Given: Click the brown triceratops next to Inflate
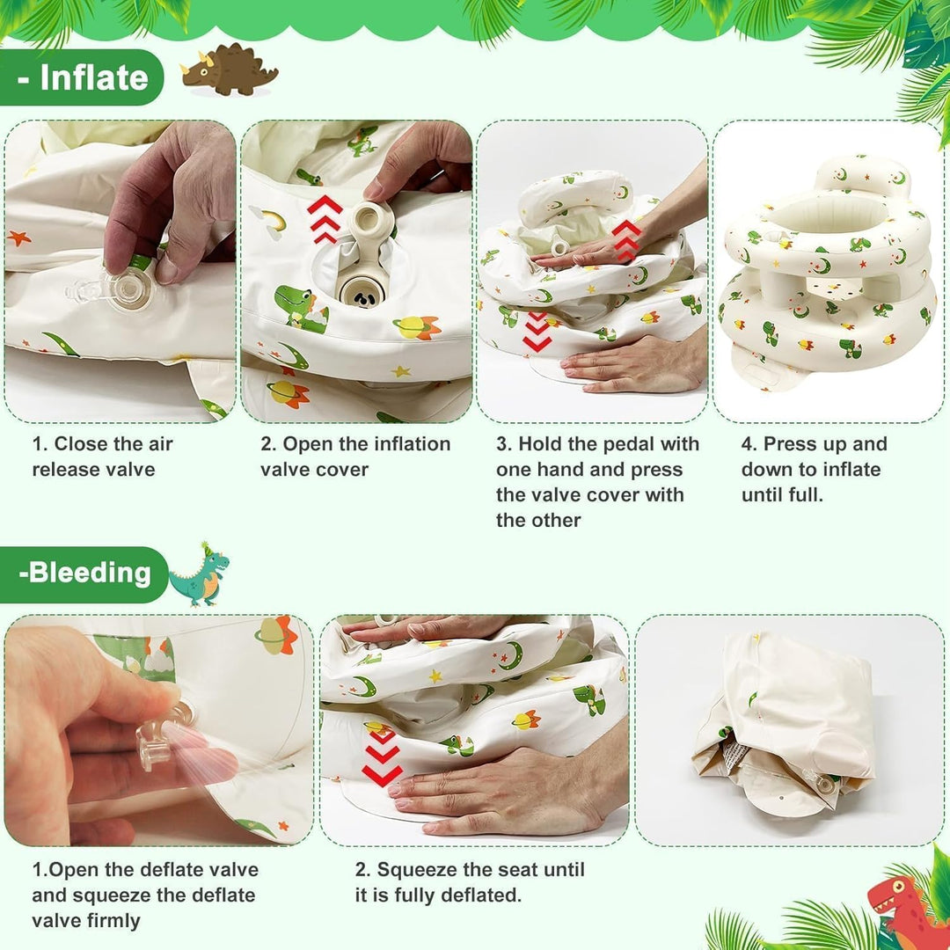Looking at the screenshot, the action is pyautogui.click(x=229, y=71).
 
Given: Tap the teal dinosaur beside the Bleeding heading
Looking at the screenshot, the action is pyautogui.click(x=200, y=574).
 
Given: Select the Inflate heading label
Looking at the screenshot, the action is pyautogui.click(x=82, y=77).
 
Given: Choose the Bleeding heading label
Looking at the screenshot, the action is pyautogui.click(x=84, y=574).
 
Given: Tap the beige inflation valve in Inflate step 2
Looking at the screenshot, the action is pyautogui.click(x=363, y=255).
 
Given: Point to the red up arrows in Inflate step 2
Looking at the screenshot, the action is pyautogui.click(x=324, y=217).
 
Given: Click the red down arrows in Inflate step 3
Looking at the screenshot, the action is pyautogui.click(x=537, y=332).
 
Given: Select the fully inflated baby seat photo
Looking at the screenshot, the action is pyautogui.click(x=828, y=272).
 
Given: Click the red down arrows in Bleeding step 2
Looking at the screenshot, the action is pyautogui.click(x=382, y=757).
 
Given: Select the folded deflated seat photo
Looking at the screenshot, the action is pyautogui.click(x=786, y=724).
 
